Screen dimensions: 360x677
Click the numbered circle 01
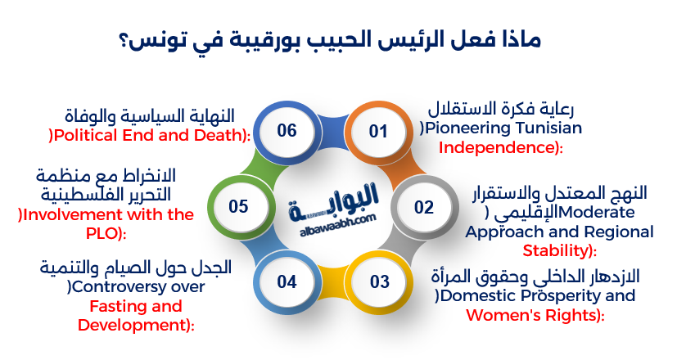click(377, 131)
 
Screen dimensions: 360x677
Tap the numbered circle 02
click(423, 207)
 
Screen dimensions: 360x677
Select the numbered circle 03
click(379, 282)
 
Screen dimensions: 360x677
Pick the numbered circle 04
click(287, 282)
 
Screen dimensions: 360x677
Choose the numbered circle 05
click(238, 207)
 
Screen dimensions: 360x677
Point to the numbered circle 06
click(287, 131)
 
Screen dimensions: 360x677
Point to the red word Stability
click(557, 250)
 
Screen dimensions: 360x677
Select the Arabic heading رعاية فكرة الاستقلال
click(503, 109)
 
